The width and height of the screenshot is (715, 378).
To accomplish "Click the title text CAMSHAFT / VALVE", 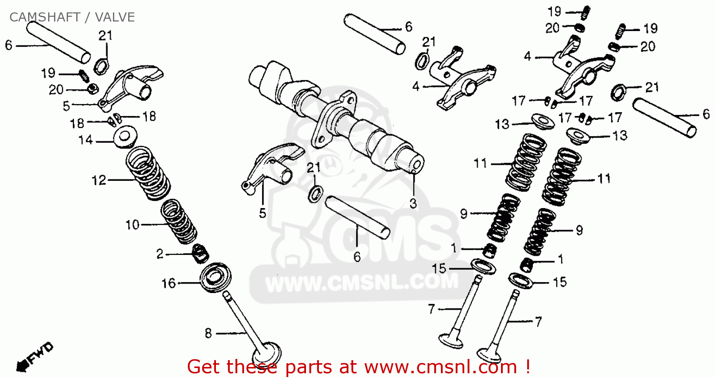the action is point(72,17).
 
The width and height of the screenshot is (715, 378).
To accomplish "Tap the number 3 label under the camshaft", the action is point(413,203).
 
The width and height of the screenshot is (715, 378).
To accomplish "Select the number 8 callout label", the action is point(208,333).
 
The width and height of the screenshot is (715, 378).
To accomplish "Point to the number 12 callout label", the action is point(99,180).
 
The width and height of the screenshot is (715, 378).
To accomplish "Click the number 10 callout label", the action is point(133,225).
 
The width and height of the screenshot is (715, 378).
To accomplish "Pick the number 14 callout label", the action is point(85,140).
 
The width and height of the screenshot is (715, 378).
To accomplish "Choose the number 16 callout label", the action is point(169,283).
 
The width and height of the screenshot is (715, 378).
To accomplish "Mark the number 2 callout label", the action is point(160,254).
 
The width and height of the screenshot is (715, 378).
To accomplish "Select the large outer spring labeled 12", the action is point(148,173).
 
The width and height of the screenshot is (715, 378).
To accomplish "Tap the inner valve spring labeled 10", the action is point(178,221).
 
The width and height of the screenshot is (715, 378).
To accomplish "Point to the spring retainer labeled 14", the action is point(125,137).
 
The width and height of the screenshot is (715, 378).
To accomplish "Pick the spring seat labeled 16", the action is point(215,277).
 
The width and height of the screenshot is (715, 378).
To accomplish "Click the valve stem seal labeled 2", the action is point(201,253).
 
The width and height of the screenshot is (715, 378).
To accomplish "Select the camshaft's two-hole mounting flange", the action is point(334,119).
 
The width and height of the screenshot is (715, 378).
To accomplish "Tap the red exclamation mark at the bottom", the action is point(527,366).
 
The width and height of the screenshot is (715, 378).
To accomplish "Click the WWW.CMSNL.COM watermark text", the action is point(362,283).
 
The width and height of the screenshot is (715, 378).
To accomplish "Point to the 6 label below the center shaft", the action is point(357,257).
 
